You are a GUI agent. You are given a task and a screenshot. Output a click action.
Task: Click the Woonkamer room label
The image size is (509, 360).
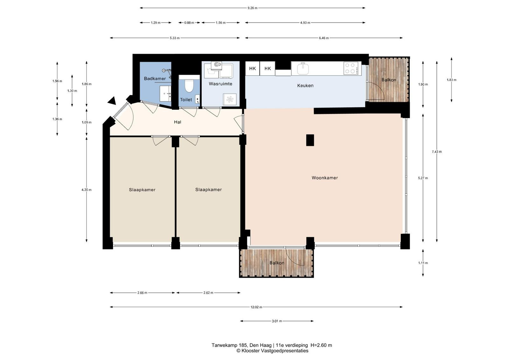click(x=324, y=178)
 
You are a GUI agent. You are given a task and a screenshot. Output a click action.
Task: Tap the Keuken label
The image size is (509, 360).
click(x=305, y=86)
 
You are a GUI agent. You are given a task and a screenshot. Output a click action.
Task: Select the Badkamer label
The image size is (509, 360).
click(x=155, y=79)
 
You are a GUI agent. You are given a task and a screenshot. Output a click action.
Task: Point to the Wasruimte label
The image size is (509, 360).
click(x=220, y=84)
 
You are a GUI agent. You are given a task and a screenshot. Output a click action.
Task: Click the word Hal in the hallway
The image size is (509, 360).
click(x=178, y=122)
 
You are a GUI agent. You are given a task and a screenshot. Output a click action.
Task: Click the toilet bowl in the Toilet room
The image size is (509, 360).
click(x=189, y=86)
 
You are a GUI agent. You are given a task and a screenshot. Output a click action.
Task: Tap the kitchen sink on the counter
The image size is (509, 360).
click(x=303, y=69)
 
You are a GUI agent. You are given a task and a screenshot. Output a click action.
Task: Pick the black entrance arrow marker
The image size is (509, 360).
click(x=112, y=101)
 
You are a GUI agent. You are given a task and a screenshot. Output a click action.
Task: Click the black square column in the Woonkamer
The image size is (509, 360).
click(x=310, y=140)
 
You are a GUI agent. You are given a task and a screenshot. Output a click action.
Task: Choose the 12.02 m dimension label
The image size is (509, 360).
click(x=256, y=307)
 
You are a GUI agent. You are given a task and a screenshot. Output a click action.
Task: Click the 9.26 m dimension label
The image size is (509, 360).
click(x=253, y=8)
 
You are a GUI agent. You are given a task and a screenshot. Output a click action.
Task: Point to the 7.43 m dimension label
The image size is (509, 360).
click(x=437, y=152)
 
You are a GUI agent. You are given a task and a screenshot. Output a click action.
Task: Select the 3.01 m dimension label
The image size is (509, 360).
click(x=277, y=321)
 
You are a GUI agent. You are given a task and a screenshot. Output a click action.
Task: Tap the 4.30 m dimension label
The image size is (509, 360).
click(x=87, y=190)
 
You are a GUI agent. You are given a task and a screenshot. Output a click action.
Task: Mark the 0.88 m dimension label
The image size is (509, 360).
click(x=189, y=23)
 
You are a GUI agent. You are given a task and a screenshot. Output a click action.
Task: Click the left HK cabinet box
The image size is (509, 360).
click(x=253, y=68)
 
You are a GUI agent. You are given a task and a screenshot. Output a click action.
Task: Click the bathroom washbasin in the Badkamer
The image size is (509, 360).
click(x=165, y=93)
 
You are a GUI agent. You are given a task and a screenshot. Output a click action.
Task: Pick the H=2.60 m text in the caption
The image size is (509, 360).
click(x=321, y=345)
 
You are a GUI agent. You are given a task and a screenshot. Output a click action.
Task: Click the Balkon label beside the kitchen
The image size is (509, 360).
click(x=388, y=80)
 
